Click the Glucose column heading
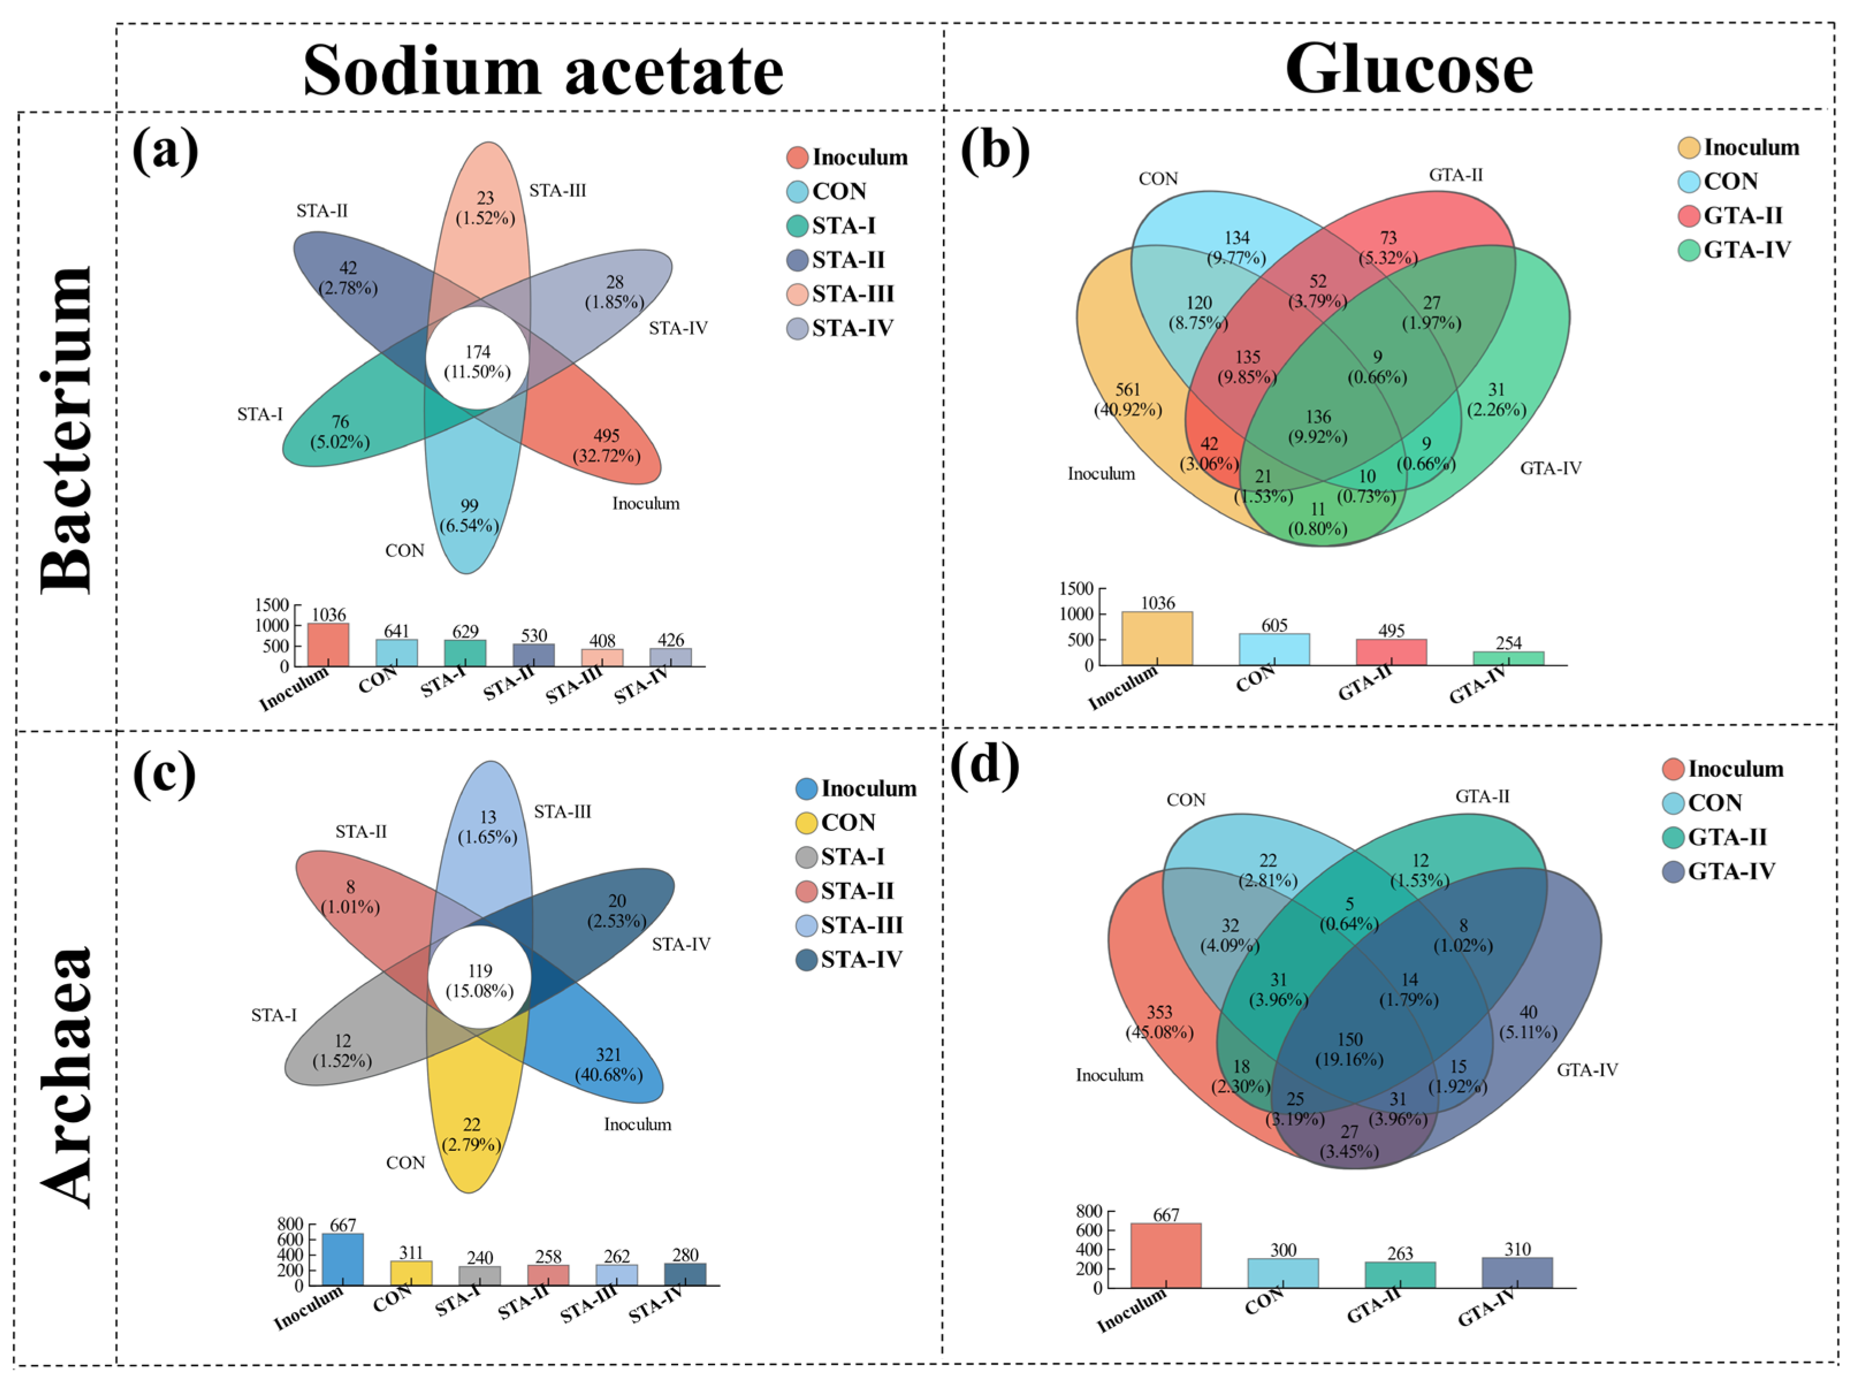1409,68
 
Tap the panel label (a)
165,152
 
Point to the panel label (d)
984,765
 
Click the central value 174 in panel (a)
478,352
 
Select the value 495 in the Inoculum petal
606,436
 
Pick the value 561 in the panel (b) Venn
1127,390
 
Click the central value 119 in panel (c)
480,971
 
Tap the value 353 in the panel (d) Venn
1159,1013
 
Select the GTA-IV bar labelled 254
1508,658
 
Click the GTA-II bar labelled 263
1399,1274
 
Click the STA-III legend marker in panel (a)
797,294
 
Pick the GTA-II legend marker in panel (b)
1688,216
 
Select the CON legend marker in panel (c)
806,823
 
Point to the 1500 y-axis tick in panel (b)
1076,588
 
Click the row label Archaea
67,1077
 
